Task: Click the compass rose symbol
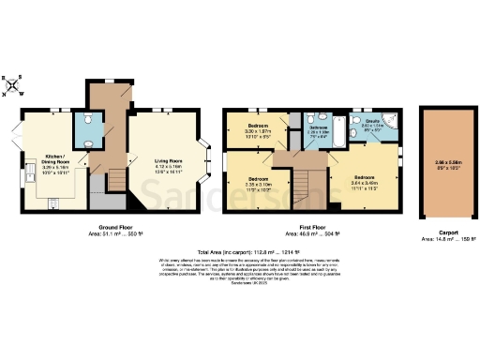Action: click(12, 86)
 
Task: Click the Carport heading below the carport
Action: click(440, 233)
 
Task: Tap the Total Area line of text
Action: click(240, 250)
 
